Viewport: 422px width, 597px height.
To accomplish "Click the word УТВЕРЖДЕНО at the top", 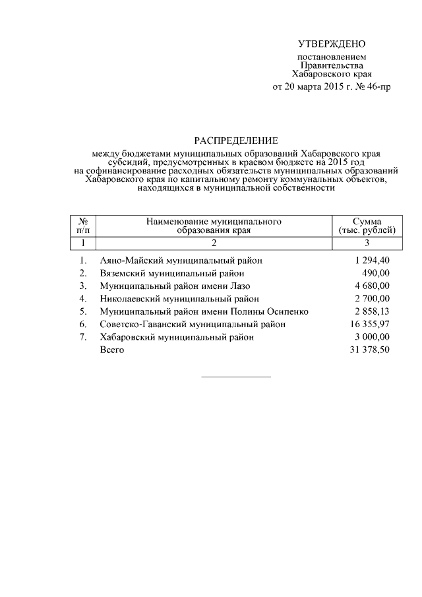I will click(x=332, y=44).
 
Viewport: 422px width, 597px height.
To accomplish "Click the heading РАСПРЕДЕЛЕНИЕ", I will click(x=235, y=141).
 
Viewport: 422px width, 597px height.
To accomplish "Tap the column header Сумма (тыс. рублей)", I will click(x=366, y=226).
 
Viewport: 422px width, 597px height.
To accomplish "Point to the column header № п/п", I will click(x=83, y=226).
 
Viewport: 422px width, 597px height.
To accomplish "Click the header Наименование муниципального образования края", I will click(x=214, y=226).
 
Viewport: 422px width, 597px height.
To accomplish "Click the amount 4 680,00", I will click(x=372, y=286).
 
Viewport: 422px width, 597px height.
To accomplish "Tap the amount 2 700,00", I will click(x=372, y=298).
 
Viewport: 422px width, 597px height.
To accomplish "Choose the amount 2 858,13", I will click(x=372, y=311).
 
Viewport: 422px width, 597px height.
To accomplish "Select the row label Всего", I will click(x=111, y=350).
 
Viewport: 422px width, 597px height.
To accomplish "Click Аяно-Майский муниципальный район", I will click(x=181, y=261).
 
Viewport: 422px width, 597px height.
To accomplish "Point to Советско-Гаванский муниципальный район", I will click(x=193, y=324).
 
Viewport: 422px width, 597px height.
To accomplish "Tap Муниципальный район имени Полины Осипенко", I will click(x=204, y=311).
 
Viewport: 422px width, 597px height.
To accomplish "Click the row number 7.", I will click(x=83, y=336).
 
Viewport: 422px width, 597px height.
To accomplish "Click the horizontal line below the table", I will click(x=235, y=377).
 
